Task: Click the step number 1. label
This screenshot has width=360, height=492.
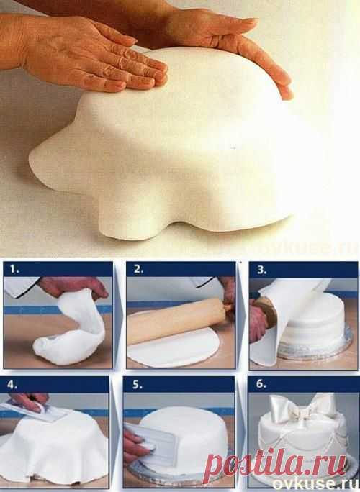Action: point(14,270)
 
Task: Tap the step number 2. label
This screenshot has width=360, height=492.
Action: point(138,270)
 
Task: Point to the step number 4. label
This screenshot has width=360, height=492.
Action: point(12,385)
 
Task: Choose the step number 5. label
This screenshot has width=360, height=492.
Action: point(138,385)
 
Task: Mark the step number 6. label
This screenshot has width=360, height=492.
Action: point(261,384)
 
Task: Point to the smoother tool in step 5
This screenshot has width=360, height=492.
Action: point(150,445)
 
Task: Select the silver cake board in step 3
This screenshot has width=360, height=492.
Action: point(314,348)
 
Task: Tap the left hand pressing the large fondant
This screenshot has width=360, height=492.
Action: point(85,52)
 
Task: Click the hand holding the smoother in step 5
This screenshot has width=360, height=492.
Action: point(135,445)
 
